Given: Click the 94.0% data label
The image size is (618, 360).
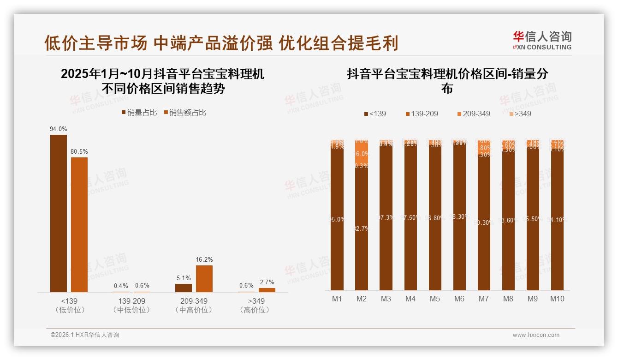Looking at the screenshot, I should pos(59,129).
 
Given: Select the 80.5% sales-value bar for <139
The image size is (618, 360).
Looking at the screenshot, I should pos(79,224).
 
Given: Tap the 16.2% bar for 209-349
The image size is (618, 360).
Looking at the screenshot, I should pos(204,278).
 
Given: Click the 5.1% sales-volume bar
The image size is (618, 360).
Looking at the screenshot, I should pos(184,288).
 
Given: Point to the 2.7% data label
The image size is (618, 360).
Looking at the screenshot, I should pos(267,282).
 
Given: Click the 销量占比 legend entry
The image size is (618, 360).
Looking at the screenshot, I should pos(139,113).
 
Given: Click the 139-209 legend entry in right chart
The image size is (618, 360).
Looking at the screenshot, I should pos(422,114).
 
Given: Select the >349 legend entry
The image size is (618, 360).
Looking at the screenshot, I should pos(520,114).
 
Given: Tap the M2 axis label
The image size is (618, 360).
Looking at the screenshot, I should pos(362,299).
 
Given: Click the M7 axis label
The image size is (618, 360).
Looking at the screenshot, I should pos(484,299).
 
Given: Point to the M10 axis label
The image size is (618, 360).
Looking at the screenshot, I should pos(557,299).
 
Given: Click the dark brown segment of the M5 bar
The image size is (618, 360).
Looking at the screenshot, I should pos(435,217).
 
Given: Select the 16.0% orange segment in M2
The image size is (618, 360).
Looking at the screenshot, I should pos(362,154).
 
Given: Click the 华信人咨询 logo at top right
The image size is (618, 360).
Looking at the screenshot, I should pos(542,40).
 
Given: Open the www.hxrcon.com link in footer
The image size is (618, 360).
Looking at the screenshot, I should pos(536,335).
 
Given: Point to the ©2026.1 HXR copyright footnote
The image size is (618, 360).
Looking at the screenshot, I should pos(85,335).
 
